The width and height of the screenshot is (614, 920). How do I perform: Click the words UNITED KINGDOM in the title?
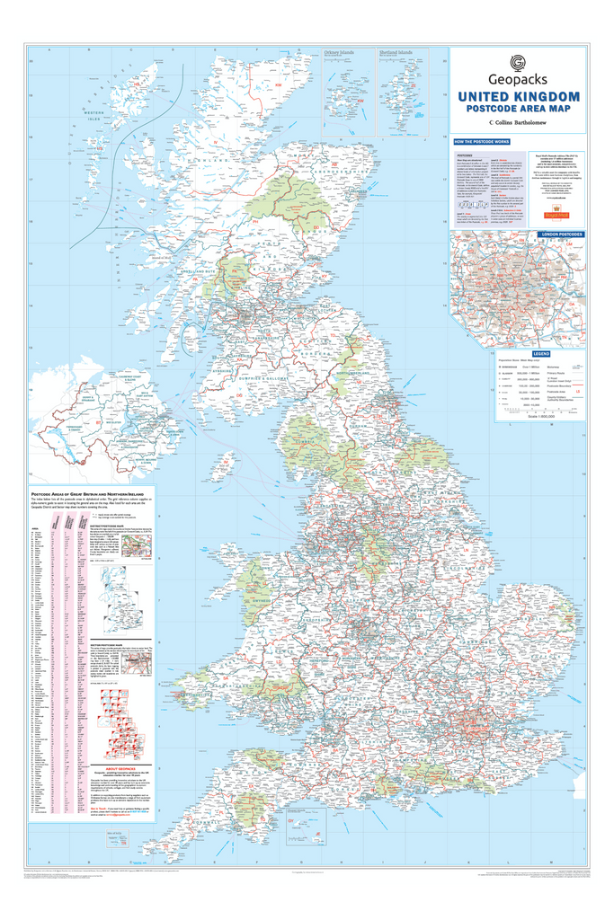[518, 97]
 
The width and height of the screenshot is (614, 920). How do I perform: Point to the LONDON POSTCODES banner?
[560, 234]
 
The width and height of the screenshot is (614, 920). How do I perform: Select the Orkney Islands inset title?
[339, 54]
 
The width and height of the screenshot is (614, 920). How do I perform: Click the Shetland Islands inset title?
[396, 54]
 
